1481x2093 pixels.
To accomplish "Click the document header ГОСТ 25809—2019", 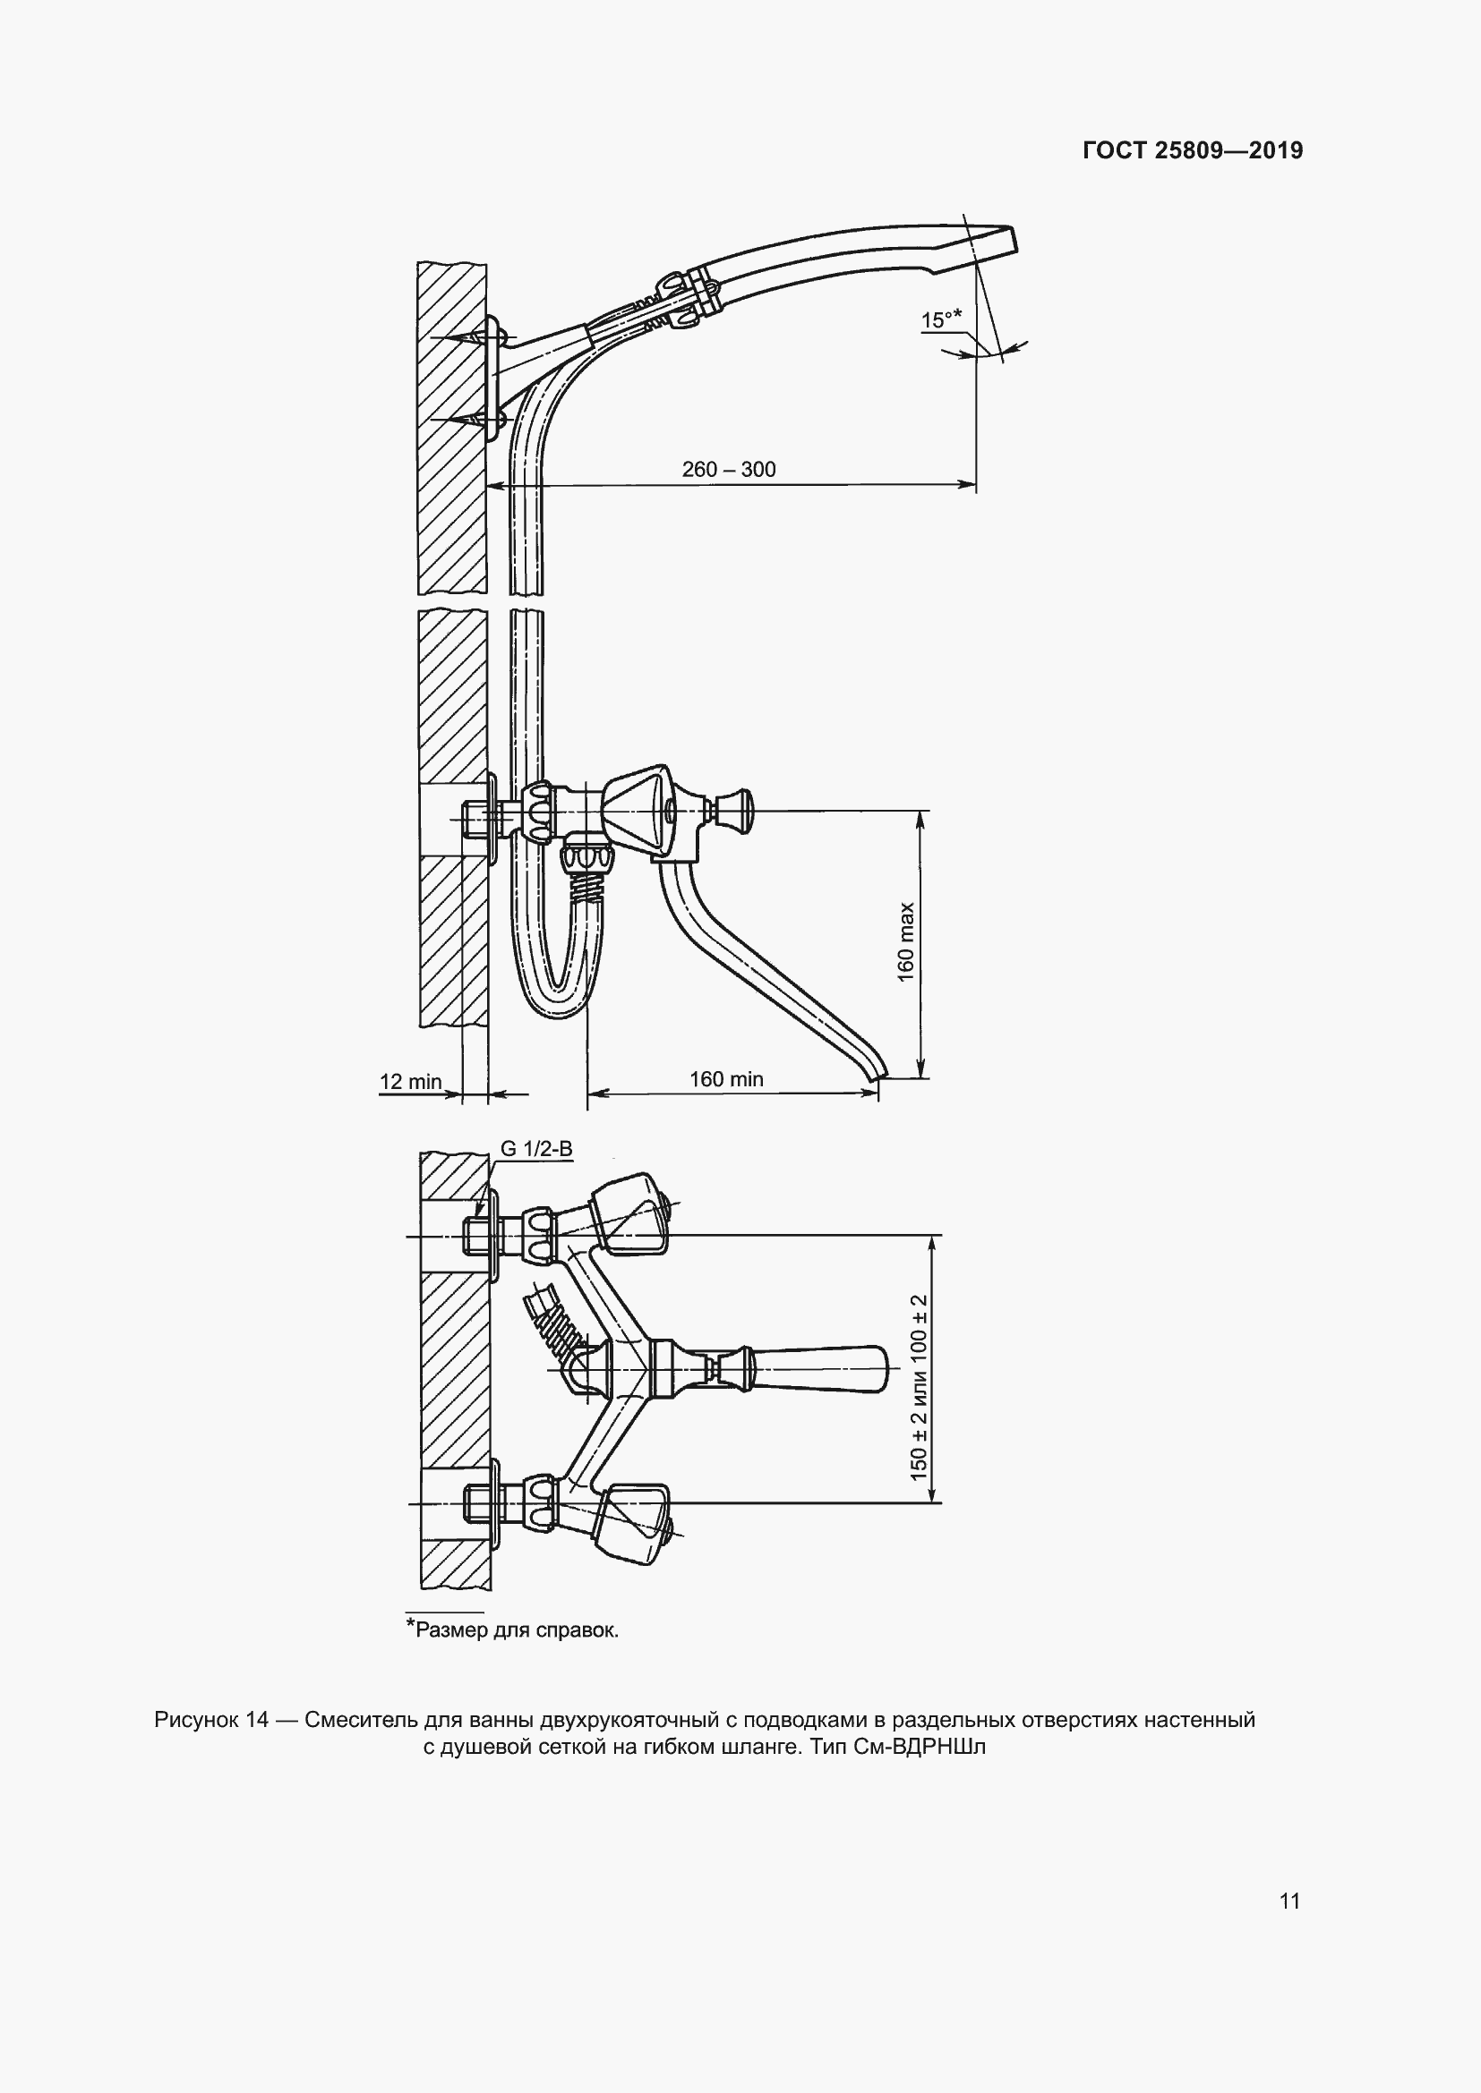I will (1192, 150).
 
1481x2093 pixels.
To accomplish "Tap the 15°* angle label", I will (941, 320).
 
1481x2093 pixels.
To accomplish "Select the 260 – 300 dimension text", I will (729, 470).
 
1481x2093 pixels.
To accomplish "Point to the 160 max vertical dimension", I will (905, 941).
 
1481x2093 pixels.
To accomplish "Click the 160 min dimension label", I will (726, 1079).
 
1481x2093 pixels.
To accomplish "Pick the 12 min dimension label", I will (410, 1081).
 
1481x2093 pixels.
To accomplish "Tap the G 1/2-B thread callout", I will (536, 1149).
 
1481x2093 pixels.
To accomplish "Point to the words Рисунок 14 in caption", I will (211, 1720).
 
